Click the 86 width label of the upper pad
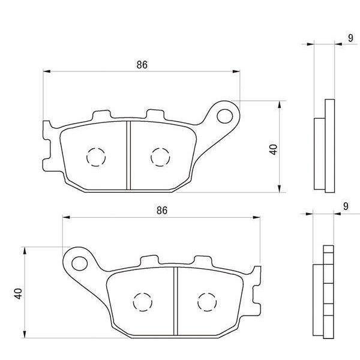(x=142, y=65)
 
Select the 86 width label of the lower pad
(x=161, y=210)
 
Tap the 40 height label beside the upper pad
(x=274, y=149)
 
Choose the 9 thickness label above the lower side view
(x=346, y=206)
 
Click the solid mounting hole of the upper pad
(x=226, y=114)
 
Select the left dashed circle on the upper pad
(x=96, y=157)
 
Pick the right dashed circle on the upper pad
(x=160, y=157)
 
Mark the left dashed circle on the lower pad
(x=142, y=302)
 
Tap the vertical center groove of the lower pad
(x=174, y=300)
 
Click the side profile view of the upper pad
(x=324, y=147)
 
